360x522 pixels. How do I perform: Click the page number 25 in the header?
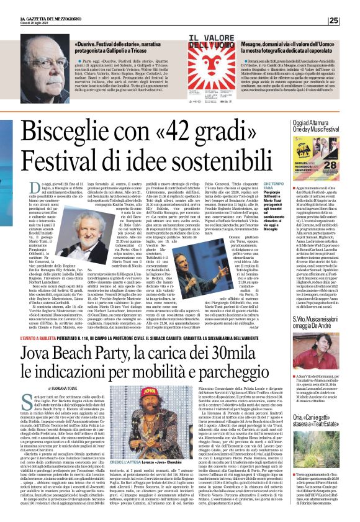[x=350, y=20]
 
